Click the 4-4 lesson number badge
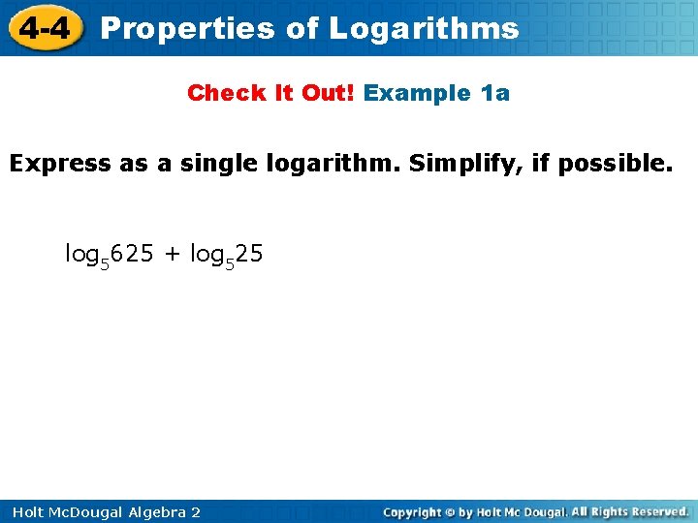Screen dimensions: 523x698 coord(44,28)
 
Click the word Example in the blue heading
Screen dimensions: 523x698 coord(417,93)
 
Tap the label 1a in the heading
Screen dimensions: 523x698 coord(495,93)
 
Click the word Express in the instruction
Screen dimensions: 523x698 coord(60,163)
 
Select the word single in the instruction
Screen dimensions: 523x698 coord(210,163)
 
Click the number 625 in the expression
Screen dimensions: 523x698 coord(132,254)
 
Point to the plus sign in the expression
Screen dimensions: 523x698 coord(172,255)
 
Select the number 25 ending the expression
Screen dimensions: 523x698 coord(249,254)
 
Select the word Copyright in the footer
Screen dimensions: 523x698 coord(412,511)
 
